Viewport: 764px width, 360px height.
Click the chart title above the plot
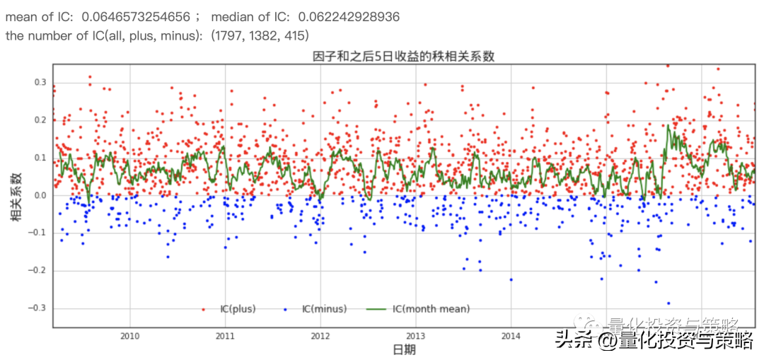tap(403, 57)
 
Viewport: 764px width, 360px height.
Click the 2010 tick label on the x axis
tap(129, 336)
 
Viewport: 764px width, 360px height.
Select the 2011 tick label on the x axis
tap(225, 336)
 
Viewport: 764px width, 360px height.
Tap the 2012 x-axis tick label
tap(320, 336)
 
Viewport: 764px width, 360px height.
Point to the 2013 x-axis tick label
tap(415, 336)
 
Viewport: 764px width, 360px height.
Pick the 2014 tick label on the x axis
tap(511, 336)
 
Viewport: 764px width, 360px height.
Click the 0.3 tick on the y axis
tap(40, 82)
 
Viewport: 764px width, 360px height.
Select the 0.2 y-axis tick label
tap(40, 120)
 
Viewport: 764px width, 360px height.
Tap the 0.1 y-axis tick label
tap(40, 158)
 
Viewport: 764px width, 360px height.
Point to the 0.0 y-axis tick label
tap(40, 195)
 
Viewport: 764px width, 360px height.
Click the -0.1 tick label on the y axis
tap(37, 233)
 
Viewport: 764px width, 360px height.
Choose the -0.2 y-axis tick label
tap(37, 270)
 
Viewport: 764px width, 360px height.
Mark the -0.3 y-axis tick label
tap(37, 308)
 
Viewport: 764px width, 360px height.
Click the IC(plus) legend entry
tap(238, 309)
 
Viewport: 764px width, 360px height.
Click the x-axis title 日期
tap(404, 350)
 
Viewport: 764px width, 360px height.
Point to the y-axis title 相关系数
tap(15, 196)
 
